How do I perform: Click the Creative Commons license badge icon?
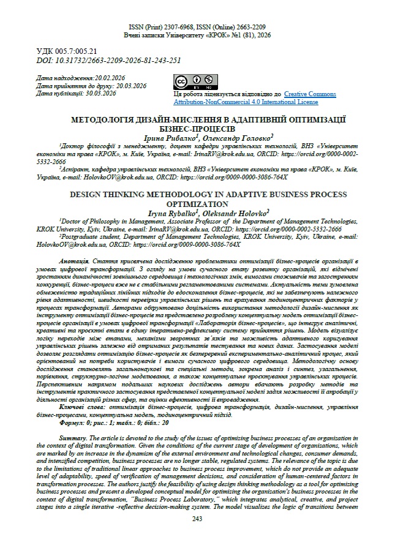click(195, 81)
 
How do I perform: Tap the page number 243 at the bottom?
click(197, 519)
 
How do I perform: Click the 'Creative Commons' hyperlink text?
click(310, 94)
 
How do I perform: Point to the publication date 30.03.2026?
click(100, 94)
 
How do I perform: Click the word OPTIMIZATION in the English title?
click(197, 203)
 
